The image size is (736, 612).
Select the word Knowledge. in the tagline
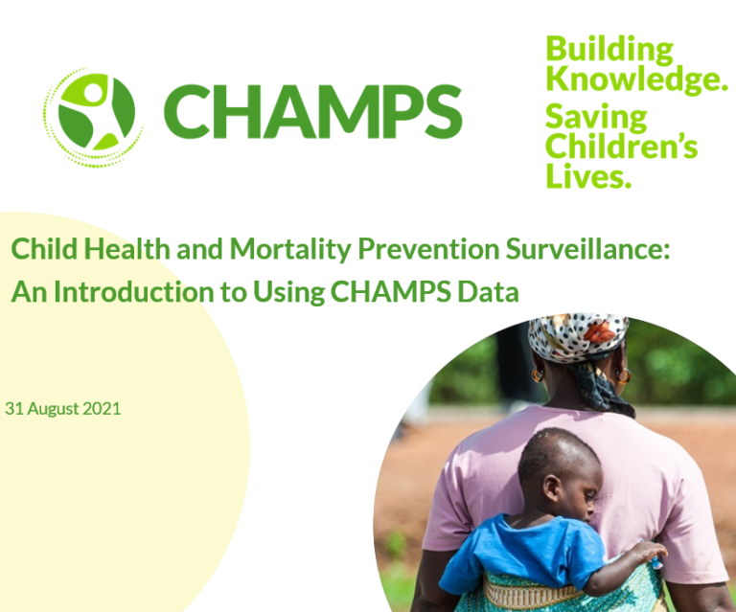636,79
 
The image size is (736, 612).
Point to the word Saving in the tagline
596,118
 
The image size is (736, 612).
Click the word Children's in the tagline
621,147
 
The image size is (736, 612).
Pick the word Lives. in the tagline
588,175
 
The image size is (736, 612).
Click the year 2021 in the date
102,408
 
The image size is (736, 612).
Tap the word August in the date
53,408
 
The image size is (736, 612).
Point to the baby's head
560,469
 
